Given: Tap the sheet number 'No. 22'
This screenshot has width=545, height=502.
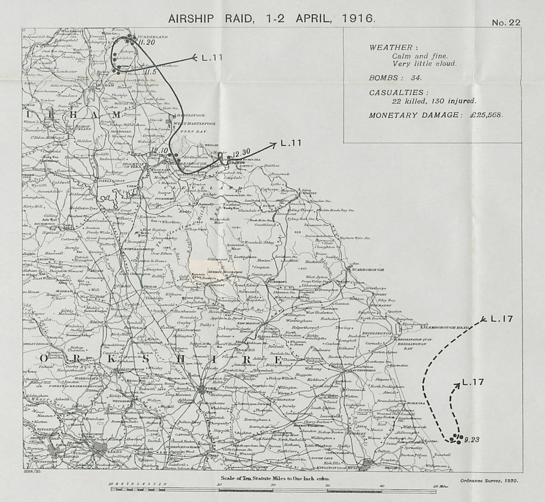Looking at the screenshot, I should click(506, 22).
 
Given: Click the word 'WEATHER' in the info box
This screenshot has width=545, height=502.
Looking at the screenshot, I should click(386, 47).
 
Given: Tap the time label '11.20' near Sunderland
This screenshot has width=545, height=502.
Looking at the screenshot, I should click(147, 41).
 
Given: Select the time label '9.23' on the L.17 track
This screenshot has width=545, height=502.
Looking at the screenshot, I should click(471, 439).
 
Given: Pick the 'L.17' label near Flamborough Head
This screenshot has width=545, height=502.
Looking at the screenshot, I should click(501, 319).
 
